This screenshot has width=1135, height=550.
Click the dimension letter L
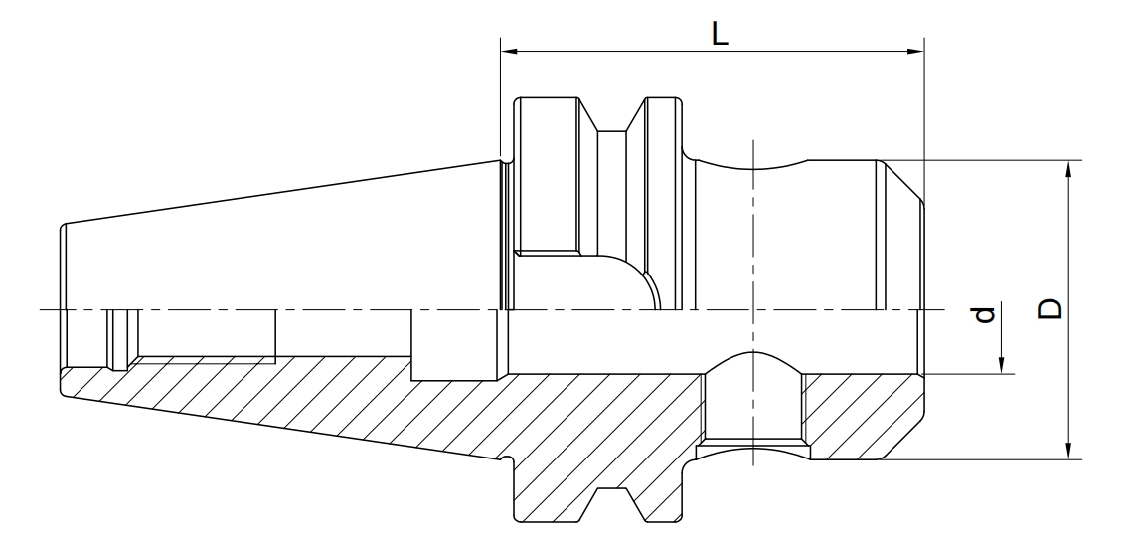[719, 34]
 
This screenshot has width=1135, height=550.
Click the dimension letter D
[1050, 308]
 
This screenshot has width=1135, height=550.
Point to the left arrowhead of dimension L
[510, 52]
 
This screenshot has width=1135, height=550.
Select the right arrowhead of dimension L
[915, 52]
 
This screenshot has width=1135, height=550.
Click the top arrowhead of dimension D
[1068, 169]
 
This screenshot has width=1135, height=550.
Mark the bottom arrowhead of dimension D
[1068, 451]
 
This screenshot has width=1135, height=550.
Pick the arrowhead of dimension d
[1002, 365]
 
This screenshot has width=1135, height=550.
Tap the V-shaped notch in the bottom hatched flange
[612, 504]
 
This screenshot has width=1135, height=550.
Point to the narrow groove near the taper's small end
[122, 340]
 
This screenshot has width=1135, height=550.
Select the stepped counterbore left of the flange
[454, 345]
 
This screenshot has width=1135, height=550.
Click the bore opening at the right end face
[920, 341]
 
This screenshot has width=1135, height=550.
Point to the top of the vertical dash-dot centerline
[753, 140]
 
